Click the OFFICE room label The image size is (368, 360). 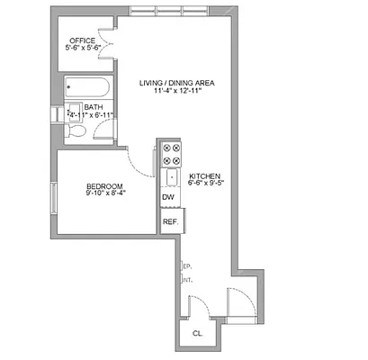click(84, 40)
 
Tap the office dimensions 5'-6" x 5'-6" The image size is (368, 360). click(84, 50)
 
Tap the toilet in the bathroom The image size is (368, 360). click(78, 131)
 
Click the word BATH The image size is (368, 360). click(94, 106)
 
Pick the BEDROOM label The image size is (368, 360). click(104, 183)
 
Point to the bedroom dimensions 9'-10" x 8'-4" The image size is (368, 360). click(106, 192)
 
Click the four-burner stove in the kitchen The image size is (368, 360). click(170, 155)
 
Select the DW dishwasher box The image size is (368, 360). click(168, 198)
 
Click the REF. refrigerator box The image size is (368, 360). click(169, 220)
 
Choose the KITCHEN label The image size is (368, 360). click(204, 175)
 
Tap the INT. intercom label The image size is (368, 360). click(187, 281)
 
